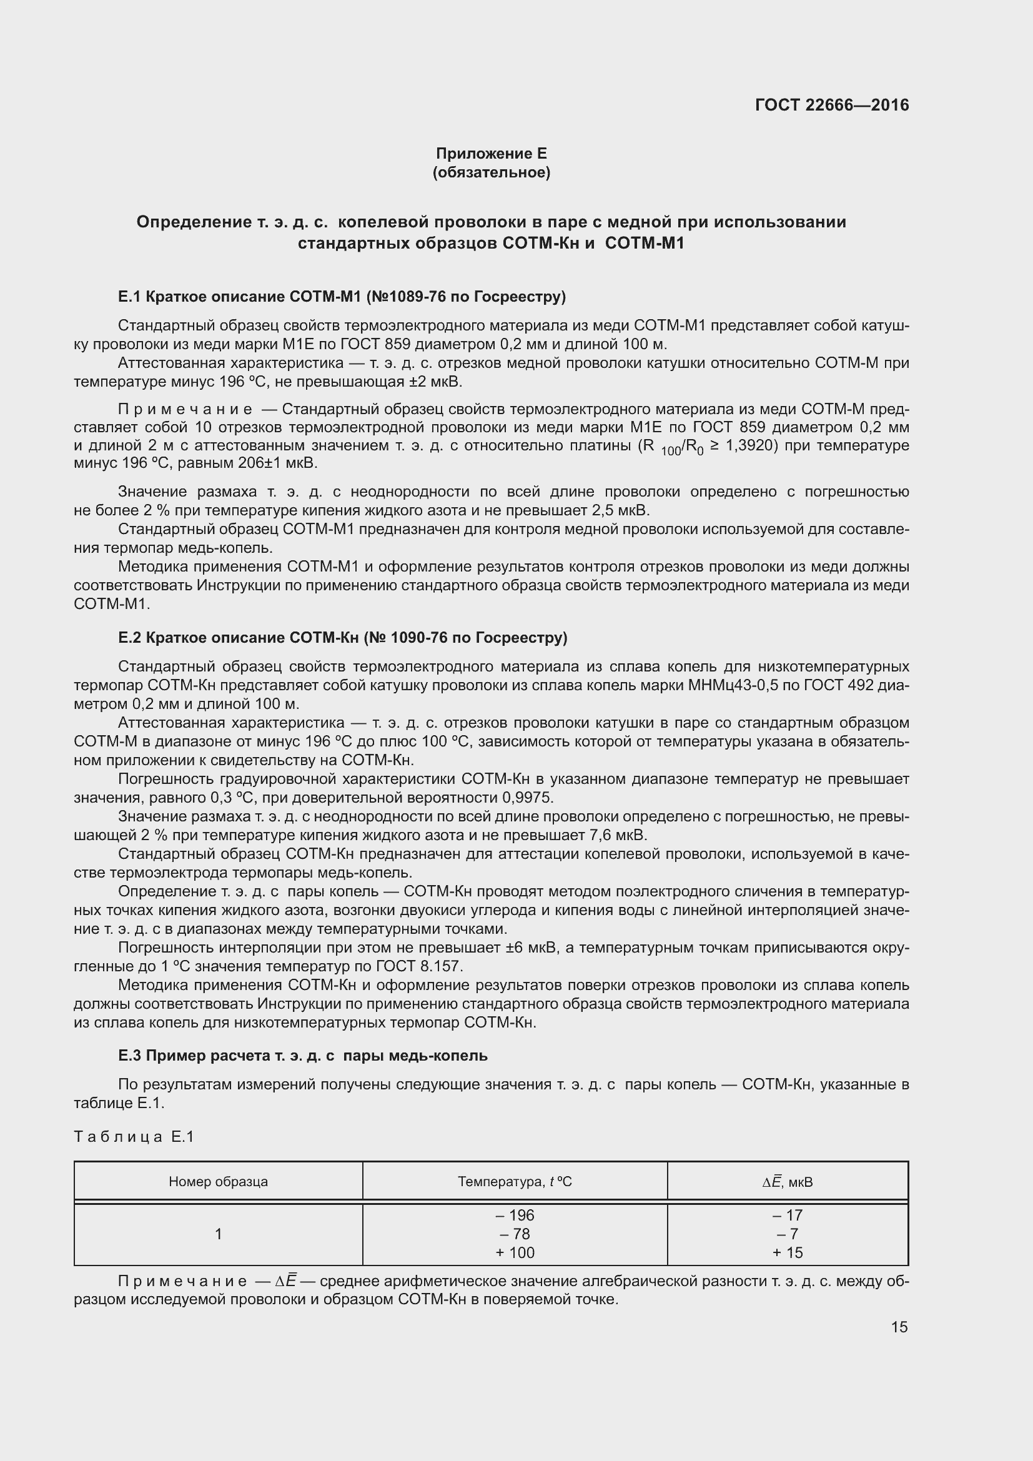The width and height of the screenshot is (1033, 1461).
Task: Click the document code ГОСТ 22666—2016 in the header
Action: [x=831, y=105]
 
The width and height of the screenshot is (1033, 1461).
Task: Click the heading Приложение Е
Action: [x=491, y=154]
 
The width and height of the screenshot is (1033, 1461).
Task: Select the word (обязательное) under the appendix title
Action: [x=491, y=172]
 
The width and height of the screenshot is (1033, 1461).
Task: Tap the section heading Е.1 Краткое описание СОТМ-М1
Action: [x=342, y=297]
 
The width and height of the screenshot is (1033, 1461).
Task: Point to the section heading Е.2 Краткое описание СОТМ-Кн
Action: [x=342, y=638]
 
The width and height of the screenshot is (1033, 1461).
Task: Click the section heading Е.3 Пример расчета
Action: [x=303, y=1056]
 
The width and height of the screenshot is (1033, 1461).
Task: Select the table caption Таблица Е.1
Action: [x=134, y=1136]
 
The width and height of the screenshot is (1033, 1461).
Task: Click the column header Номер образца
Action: [x=218, y=1182]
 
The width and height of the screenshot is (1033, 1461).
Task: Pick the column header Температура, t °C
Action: [x=515, y=1182]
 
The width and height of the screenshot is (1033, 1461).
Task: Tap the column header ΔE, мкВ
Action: [x=788, y=1182]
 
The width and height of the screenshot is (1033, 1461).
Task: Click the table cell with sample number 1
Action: [x=218, y=1234]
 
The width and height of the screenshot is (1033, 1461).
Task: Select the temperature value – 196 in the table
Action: [x=515, y=1216]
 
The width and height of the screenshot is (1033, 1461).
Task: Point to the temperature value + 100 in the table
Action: [x=515, y=1252]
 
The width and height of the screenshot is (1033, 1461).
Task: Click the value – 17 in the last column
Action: [x=788, y=1216]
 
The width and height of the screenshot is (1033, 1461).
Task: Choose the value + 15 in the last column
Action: [x=788, y=1252]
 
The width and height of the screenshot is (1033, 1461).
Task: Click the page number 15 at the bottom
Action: [x=899, y=1327]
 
